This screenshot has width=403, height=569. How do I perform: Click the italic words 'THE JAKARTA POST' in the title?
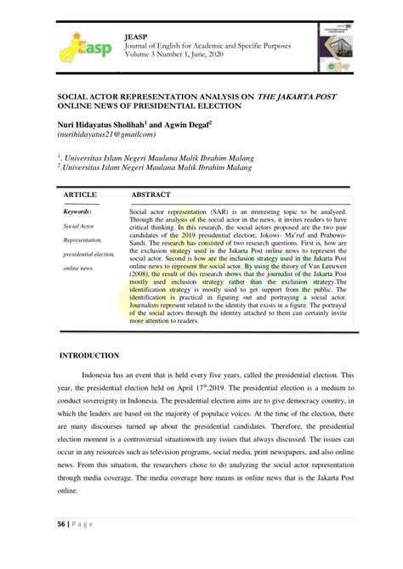[298, 98]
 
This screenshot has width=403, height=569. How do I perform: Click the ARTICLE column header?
[81, 194]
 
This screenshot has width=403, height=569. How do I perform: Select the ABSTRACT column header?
[151, 194]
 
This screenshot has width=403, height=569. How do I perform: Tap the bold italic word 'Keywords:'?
[78, 211]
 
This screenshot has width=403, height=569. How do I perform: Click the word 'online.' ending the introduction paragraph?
[68, 491]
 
